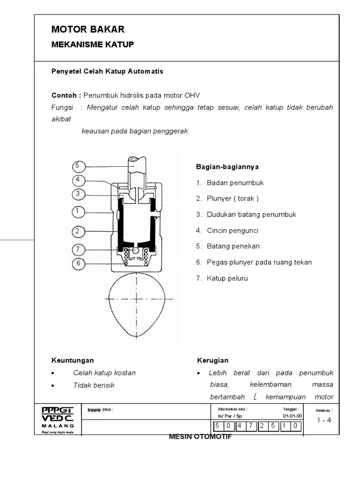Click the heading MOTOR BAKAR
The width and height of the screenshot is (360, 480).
point(88,30)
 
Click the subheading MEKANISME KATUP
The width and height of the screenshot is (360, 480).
point(92,45)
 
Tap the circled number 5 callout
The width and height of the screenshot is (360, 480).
point(78,166)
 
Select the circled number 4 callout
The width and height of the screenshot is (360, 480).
point(78,180)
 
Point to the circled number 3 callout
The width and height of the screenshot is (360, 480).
point(78,194)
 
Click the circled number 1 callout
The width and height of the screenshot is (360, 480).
point(78,211)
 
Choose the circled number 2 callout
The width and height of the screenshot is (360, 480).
point(78,231)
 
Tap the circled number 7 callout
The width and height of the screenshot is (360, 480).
point(78,249)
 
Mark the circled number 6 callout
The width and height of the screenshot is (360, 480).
point(78,263)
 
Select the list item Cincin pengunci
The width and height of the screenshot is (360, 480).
point(232,231)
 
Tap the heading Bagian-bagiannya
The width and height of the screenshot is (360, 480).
point(227,167)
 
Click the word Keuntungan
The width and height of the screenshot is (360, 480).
point(73,360)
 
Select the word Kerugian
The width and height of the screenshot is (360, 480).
point(213,360)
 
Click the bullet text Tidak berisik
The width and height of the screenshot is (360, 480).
point(94,385)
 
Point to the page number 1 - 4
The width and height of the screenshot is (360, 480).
point(323,420)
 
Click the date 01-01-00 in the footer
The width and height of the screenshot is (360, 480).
point(292,416)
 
